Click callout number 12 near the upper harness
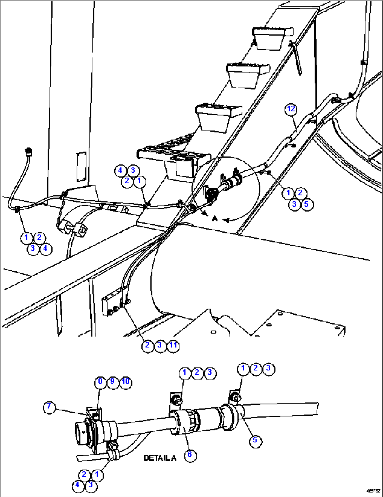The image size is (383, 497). click(291, 109)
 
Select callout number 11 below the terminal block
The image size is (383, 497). click(173, 346)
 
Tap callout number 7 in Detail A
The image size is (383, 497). click(49, 407)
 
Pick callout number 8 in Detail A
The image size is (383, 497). click(100, 382)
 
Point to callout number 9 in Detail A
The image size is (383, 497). click(112, 382)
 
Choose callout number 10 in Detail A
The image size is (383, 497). click(125, 382)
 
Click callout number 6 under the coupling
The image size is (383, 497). click(190, 455)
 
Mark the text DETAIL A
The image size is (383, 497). click(160, 458)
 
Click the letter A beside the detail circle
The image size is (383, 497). click(215, 219)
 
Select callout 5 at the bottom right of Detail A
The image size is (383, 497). click(255, 440)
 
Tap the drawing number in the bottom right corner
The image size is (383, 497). click(374, 491)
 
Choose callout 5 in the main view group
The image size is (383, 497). click(306, 204)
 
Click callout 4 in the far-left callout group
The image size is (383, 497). click(45, 249)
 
